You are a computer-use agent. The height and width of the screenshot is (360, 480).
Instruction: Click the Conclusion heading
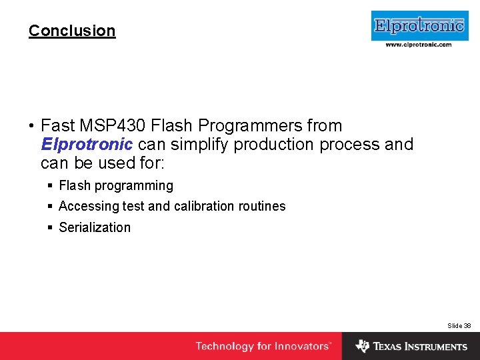pyautogui.click(x=72, y=31)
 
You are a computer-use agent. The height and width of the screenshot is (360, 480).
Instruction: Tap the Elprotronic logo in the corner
pyautogui.click(x=419, y=26)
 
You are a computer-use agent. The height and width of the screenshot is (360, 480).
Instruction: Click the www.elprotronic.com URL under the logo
pyautogui.click(x=419, y=45)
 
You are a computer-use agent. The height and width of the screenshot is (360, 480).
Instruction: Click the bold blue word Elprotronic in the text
pyautogui.click(x=87, y=144)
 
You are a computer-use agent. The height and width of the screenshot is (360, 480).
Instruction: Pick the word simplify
pyautogui.click(x=195, y=144)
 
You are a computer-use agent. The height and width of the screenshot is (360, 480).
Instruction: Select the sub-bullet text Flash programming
pyautogui.click(x=116, y=186)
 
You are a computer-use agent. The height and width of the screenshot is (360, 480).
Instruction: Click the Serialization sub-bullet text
pyautogui.click(x=95, y=227)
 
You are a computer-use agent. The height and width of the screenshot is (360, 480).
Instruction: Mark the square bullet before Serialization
pyautogui.click(x=51, y=227)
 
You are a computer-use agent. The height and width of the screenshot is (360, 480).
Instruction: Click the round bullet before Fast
pyautogui.click(x=31, y=126)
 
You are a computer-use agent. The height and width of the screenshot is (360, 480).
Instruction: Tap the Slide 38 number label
pyautogui.click(x=459, y=325)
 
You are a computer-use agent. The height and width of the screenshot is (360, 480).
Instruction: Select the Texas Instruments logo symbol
pyautogui.click(x=363, y=346)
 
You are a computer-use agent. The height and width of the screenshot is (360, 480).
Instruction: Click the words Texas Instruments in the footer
pyautogui.click(x=420, y=347)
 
